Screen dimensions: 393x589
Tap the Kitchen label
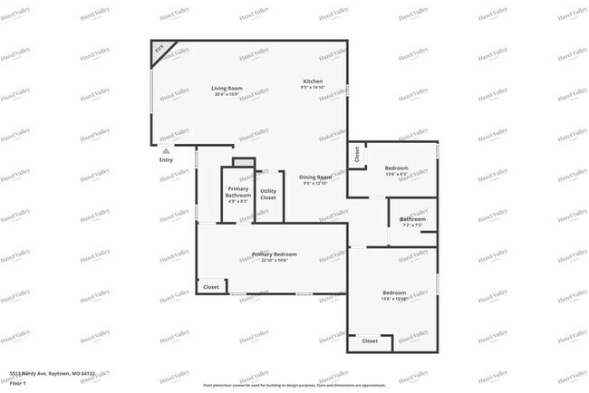click(x=313, y=81)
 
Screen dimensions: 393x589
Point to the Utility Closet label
click(x=268, y=194)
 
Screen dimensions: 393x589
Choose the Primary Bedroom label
click(x=274, y=254)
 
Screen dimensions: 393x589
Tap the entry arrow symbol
click(x=166, y=150)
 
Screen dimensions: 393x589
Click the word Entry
click(x=166, y=160)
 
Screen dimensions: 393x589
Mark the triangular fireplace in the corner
click(x=160, y=53)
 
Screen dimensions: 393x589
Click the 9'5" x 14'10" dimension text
click(x=313, y=88)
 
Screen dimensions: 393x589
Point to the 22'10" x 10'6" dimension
click(x=274, y=261)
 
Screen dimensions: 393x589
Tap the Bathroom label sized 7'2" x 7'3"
click(x=413, y=218)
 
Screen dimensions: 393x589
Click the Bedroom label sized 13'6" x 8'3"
click(x=396, y=168)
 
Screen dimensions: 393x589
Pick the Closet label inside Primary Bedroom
click(x=211, y=287)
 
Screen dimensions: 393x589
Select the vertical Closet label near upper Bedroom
click(x=357, y=154)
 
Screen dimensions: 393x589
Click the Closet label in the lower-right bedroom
click(x=370, y=341)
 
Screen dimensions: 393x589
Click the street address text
click(x=52, y=372)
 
